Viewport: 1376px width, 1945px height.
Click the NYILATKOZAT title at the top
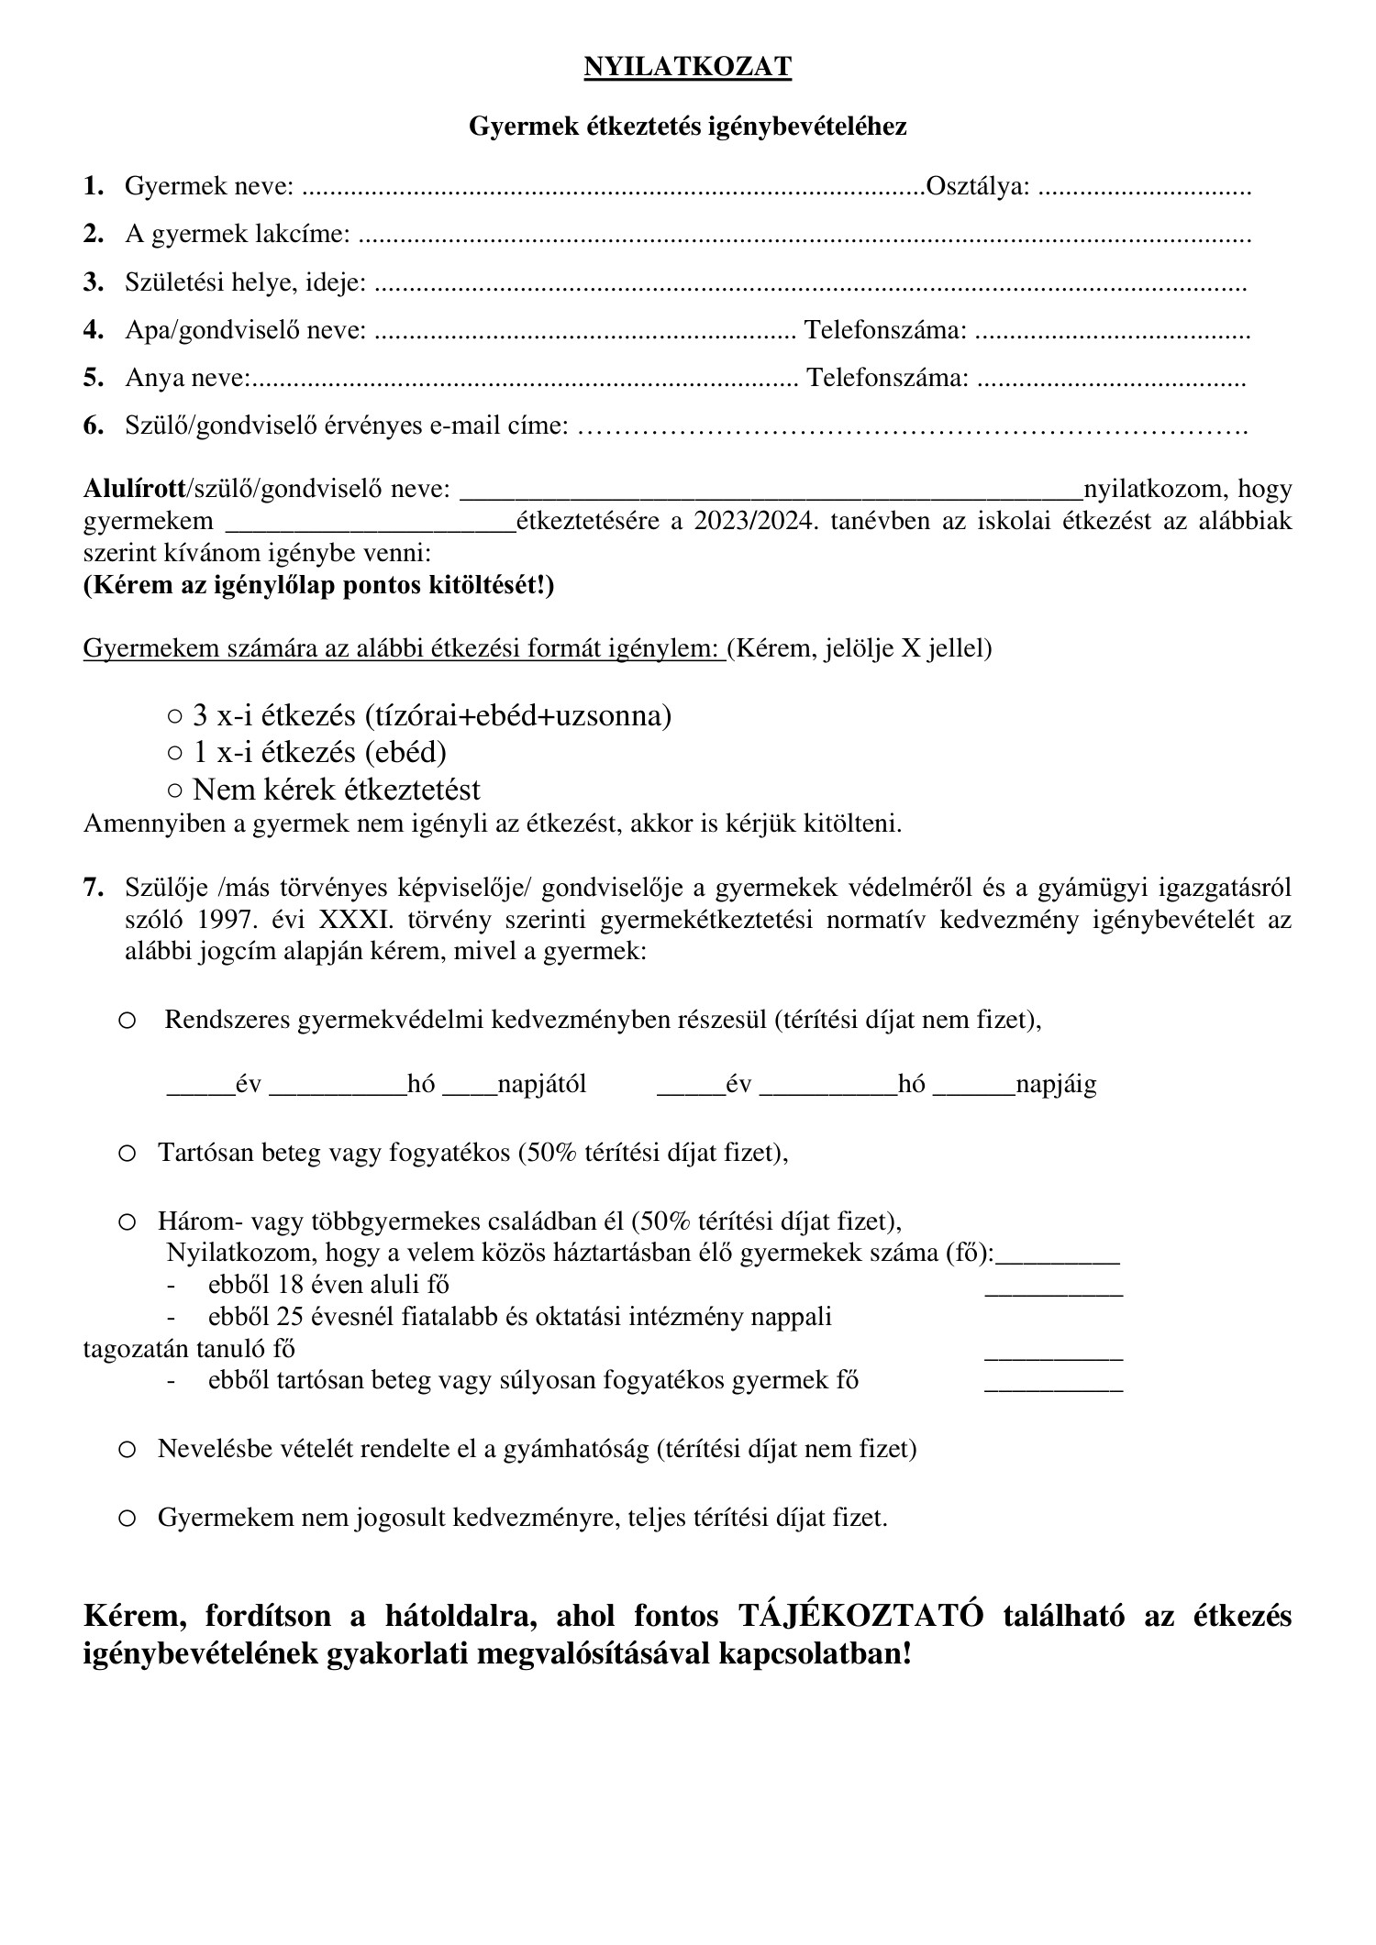point(687,68)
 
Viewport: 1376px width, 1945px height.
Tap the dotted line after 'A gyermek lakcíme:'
point(804,236)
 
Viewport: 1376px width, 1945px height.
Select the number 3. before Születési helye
point(93,282)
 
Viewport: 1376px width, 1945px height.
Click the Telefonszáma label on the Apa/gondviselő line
point(884,330)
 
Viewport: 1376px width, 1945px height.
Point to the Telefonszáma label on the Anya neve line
point(887,378)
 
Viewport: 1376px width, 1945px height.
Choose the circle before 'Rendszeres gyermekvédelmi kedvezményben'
point(128,1021)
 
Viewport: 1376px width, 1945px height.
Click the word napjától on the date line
point(541,1086)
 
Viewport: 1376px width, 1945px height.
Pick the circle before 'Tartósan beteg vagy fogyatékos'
point(128,1153)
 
